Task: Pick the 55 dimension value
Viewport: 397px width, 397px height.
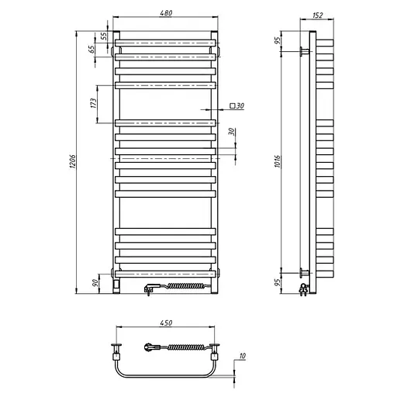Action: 105,36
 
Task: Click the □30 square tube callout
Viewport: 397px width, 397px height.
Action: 237,105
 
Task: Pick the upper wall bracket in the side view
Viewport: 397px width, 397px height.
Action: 303,52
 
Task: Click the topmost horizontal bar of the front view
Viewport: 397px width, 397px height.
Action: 166,38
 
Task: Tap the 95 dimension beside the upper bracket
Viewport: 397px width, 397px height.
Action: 277,40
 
